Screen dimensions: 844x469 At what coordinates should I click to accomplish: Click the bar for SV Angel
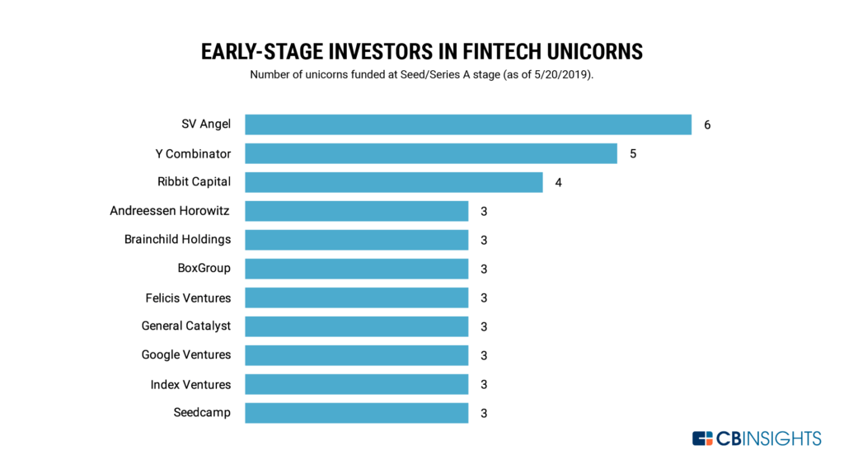coord(468,124)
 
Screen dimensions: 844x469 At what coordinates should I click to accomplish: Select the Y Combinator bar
coord(431,153)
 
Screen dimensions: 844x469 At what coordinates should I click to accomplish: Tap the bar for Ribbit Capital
coord(394,182)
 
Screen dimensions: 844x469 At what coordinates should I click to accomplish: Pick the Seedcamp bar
coord(356,413)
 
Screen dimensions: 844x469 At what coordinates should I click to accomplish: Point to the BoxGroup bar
coord(356,269)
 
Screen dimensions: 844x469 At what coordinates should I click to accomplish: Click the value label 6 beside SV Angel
coord(707,125)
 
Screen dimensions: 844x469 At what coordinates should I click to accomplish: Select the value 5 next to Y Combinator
coord(633,154)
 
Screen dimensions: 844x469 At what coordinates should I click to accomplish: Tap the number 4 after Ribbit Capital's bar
coord(558,182)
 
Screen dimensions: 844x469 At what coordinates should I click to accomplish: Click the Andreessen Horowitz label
coord(170,210)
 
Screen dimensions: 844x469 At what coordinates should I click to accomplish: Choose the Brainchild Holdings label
coord(178,239)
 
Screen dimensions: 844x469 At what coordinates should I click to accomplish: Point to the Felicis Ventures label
coord(188,298)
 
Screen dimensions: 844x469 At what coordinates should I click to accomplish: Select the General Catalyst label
coord(185,326)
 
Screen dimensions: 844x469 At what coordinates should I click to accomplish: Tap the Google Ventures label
coord(185,355)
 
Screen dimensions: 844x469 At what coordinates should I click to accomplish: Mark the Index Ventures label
coord(190,384)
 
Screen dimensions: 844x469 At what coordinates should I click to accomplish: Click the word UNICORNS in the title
coord(595,52)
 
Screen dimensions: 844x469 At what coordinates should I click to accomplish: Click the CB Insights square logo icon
coord(702,439)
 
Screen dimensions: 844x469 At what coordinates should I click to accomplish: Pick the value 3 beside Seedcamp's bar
coord(484,414)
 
